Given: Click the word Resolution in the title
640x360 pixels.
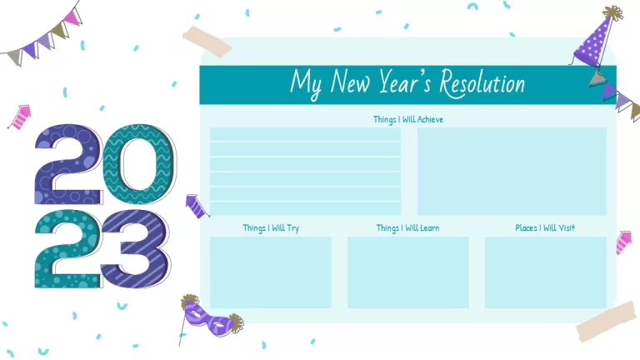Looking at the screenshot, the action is tap(482, 83).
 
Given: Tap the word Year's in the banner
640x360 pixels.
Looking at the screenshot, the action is tap(405, 82).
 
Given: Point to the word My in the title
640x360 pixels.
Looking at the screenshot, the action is tap(306, 84).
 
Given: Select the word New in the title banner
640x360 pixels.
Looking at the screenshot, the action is tap(350, 82).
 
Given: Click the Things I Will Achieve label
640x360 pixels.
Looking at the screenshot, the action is tap(408, 120).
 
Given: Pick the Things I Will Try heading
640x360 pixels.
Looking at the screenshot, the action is tap(271, 228).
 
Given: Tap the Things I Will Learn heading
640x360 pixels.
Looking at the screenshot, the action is tap(407, 228).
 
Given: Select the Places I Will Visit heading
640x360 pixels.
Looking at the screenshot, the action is tap(545, 227).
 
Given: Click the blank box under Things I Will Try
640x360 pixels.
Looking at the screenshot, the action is tap(271, 272).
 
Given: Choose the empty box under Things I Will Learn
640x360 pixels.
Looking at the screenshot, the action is tap(408, 272).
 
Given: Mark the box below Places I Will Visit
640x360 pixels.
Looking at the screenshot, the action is tap(546, 272).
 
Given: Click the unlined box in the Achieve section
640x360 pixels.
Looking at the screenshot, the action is tap(512, 172).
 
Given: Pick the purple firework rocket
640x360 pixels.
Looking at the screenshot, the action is tap(197, 206).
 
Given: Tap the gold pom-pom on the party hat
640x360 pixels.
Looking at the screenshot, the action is tap(613, 12).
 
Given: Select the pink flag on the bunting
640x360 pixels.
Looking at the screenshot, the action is tap(72, 17).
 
